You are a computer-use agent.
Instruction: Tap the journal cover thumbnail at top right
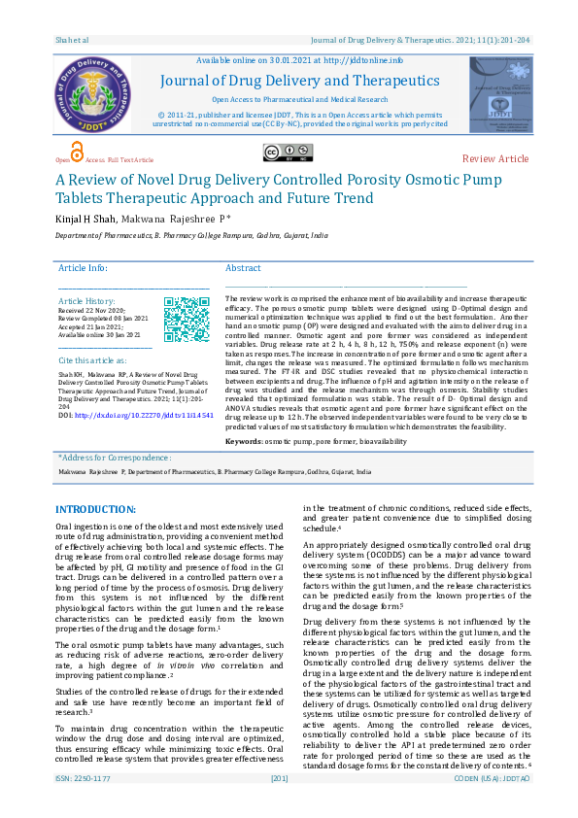tap(501, 94)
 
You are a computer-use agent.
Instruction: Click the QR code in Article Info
tap(186, 320)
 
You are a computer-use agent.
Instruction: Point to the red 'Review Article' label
tap(495, 158)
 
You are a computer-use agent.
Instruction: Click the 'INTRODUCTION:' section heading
tap(95, 509)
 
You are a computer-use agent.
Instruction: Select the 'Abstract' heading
tap(243, 268)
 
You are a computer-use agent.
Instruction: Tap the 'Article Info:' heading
tap(84, 268)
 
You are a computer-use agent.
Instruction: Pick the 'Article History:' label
tap(87, 302)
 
